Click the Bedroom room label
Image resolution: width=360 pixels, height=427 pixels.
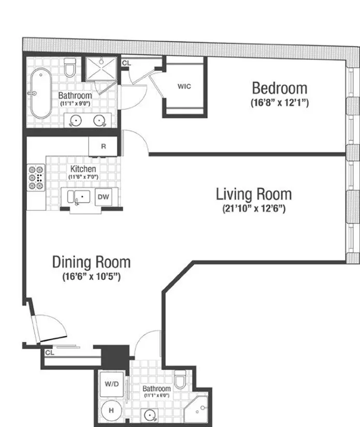(x=279, y=88)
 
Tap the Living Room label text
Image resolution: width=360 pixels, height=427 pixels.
(x=253, y=194)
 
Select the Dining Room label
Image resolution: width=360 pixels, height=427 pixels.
(x=91, y=262)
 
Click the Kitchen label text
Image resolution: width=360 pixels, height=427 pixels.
(x=83, y=169)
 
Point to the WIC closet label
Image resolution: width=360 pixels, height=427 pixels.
(x=184, y=87)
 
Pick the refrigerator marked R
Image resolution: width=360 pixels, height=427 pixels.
(x=104, y=146)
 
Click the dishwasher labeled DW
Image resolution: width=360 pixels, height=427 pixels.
(x=104, y=197)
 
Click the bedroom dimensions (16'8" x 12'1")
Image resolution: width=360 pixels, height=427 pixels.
(x=279, y=103)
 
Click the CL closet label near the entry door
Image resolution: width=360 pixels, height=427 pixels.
(x=50, y=352)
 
